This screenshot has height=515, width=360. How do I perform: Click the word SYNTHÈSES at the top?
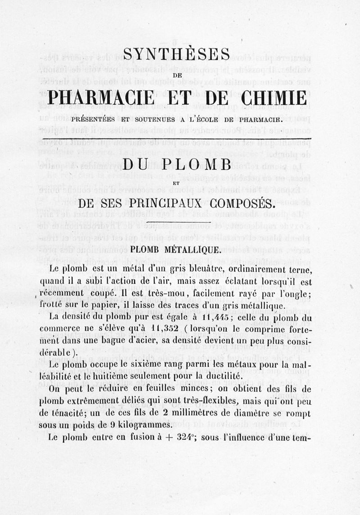click(176, 56)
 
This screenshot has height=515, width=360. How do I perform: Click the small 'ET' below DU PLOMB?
click(176, 183)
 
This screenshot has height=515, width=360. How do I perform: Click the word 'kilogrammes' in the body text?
click(146, 425)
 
